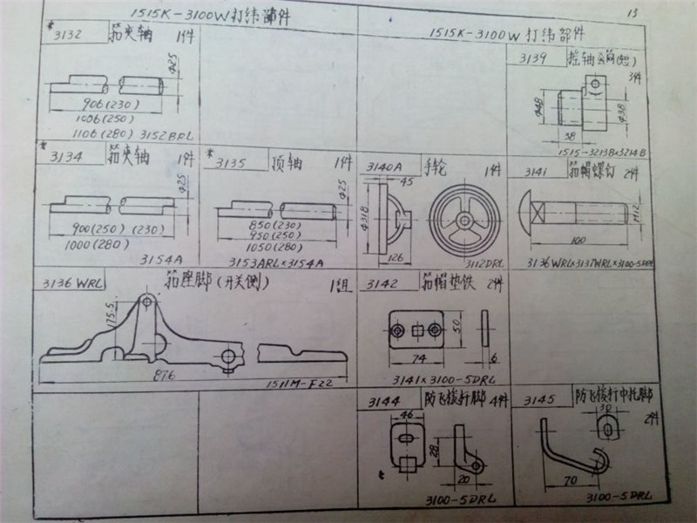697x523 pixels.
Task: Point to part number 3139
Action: coord(531,59)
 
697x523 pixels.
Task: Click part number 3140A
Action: coord(384,166)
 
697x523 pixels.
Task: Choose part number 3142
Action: coord(383,285)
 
